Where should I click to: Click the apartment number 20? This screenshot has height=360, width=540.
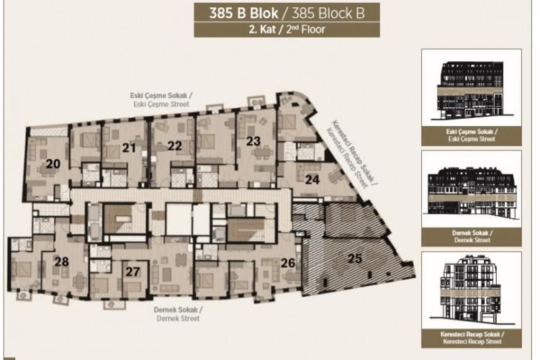click(53, 163)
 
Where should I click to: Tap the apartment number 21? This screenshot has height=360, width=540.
click(129, 148)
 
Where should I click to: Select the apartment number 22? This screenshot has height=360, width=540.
click(174, 145)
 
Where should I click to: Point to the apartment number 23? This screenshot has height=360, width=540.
click(253, 141)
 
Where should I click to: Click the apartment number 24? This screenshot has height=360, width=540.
click(311, 179)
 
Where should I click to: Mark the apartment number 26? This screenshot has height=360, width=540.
click(289, 263)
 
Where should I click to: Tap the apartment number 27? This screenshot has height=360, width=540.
click(132, 271)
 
